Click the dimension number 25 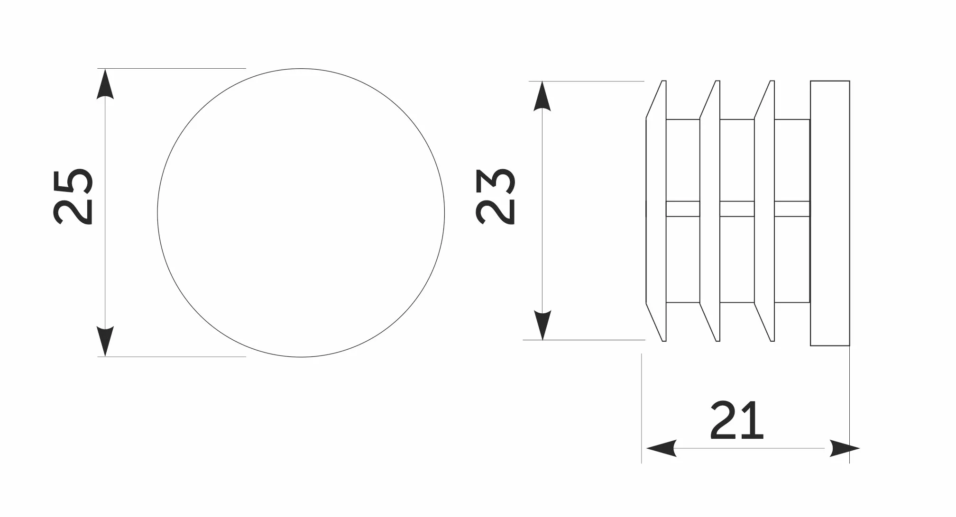[73, 196]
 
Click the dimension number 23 [495, 196]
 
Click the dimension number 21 [736, 420]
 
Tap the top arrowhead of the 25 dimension [105, 83]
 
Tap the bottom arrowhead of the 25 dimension [105, 341]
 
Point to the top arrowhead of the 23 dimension [542, 96]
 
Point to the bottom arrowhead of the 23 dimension [542, 325]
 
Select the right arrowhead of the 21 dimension [845, 448]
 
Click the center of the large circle [301, 213]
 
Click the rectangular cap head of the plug [830, 213]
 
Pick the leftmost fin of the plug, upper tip [664, 82]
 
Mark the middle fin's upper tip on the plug [717, 82]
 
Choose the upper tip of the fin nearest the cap [772, 82]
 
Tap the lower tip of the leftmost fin [664, 340]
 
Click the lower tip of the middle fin [717, 340]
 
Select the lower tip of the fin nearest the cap [772, 340]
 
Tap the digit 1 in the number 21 [754, 420]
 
